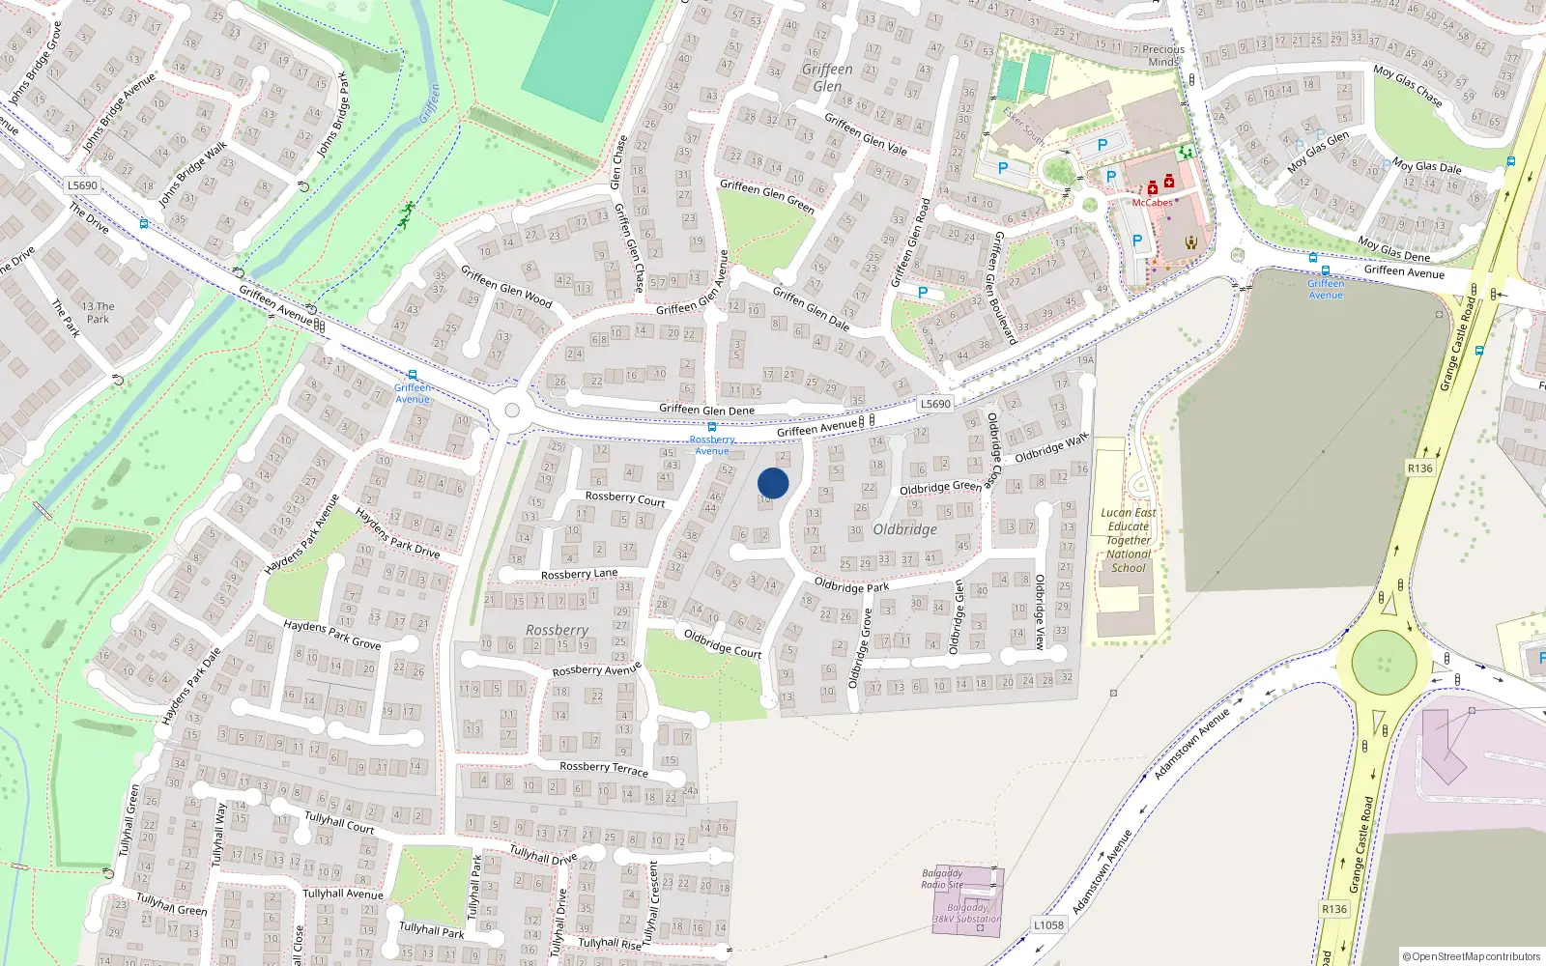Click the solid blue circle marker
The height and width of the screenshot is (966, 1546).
[x=773, y=483]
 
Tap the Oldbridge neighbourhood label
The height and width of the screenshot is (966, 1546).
[x=904, y=529]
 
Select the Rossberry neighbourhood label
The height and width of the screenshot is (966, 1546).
[x=557, y=630]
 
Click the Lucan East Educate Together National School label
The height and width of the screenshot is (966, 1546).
[x=1129, y=540]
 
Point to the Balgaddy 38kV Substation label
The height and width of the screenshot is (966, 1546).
[x=967, y=913]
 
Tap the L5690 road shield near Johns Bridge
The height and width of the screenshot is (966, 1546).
[x=83, y=185]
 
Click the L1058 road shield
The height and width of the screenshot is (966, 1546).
[x=1048, y=924]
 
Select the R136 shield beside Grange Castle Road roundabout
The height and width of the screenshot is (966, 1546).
[x=1419, y=469]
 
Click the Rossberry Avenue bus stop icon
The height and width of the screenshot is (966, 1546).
[x=712, y=427]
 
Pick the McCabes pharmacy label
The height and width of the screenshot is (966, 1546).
[x=1152, y=203]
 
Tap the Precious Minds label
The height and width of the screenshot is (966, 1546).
[x=1163, y=55]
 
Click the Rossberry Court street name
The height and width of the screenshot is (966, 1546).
[x=625, y=498]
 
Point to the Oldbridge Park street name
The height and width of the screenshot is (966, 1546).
[x=851, y=585]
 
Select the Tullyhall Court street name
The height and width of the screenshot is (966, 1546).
[x=339, y=822]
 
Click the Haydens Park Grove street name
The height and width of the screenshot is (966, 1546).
[x=331, y=634]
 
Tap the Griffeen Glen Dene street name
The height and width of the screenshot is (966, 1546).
[x=706, y=410]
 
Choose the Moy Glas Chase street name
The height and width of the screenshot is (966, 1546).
[x=1407, y=85]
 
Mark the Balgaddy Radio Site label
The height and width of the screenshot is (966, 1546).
[x=942, y=878]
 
